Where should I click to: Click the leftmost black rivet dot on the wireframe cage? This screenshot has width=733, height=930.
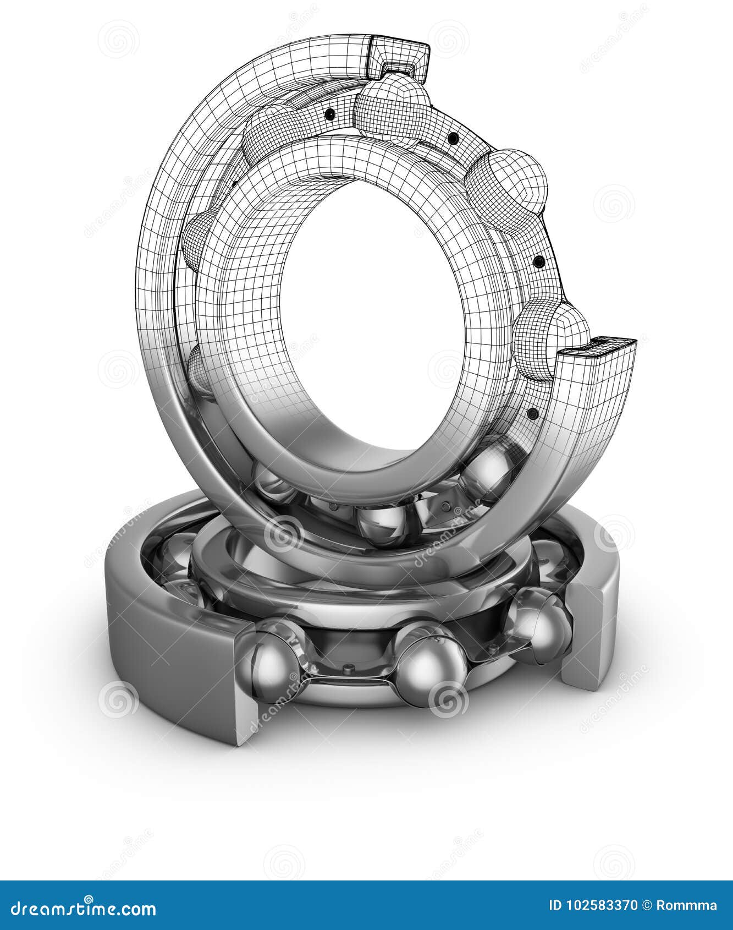click(330, 114)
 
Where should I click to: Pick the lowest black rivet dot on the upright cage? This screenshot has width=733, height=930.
click(532, 413)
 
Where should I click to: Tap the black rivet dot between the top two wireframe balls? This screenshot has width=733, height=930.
click(453, 138)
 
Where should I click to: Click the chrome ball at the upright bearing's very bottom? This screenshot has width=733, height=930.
click(382, 523)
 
